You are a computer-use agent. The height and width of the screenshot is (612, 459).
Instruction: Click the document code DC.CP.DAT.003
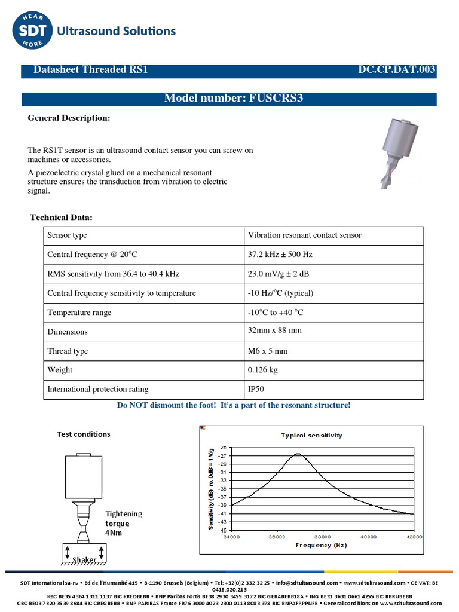click(396, 71)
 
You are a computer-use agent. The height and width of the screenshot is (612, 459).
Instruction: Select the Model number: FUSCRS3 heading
click(234, 99)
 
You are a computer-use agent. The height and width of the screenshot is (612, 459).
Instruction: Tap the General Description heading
click(69, 118)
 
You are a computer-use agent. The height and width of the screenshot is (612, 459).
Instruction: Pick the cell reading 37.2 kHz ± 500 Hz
click(280, 255)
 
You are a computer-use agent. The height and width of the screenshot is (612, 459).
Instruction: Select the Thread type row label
click(68, 351)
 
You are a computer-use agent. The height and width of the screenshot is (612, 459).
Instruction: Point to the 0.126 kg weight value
click(263, 370)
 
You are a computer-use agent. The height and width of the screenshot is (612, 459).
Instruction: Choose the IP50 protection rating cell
click(256, 389)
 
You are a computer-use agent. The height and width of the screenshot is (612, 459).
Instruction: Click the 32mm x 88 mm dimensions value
click(275, 332)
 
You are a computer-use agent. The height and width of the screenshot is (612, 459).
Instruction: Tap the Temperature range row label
click(79, 313)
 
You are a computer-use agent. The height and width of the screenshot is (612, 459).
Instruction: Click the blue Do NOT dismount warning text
click(234, 405)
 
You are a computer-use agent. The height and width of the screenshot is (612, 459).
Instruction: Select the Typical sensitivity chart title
click(311, 436)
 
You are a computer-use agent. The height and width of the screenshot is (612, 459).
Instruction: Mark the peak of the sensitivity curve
click(298, 454)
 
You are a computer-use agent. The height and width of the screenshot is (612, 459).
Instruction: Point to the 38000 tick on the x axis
click(322, 537)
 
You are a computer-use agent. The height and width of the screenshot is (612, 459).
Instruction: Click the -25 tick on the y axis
click(222, 448)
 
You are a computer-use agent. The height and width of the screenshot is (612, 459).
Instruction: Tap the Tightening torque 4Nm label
click(124, 523)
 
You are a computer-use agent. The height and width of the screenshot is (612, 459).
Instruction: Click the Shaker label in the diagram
click(84, 559)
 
